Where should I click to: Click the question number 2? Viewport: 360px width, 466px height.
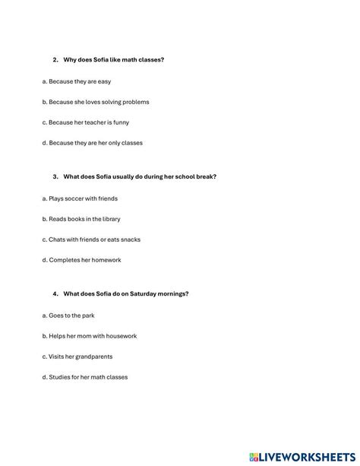55,59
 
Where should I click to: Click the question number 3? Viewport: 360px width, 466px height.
55,176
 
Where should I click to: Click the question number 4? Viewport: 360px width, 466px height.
55,293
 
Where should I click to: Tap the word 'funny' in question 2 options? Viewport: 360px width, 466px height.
131,122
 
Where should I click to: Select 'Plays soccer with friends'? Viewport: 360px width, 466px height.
81,198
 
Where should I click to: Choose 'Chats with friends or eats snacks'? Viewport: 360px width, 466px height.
91,239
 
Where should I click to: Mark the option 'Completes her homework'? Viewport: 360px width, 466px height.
81,260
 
